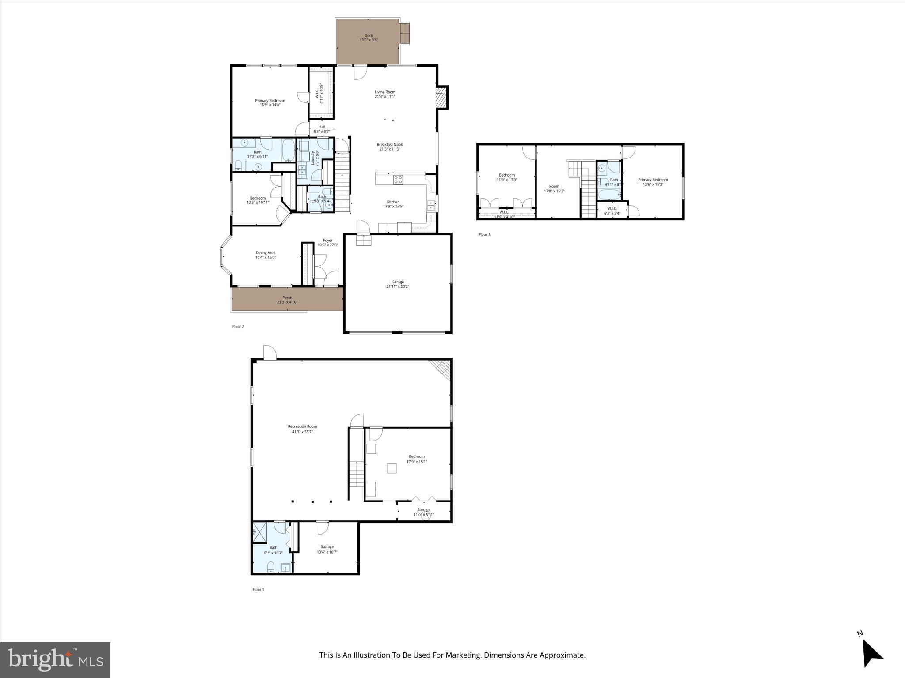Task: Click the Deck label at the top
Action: tap(369, 36)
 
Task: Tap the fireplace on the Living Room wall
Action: tap(441, 98)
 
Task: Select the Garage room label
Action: tap(398, 282)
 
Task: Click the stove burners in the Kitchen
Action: tap(398, 179)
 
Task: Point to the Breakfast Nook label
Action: tap(389, 144)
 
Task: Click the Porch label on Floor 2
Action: tap(287, 298)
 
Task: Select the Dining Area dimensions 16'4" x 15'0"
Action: tap(265, 257)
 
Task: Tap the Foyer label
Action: tap(327, 241)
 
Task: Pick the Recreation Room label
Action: tap(302, 426)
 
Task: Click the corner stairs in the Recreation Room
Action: tap(441, 369)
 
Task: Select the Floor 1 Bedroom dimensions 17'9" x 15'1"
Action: tap(417, 462)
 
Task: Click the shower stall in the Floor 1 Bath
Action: tap(259, 532)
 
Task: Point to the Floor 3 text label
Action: tap(484, 234)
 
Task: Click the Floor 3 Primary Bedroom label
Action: tap(653, 180)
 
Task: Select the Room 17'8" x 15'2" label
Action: tap(554, 186)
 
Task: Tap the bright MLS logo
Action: tap(55, 659)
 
